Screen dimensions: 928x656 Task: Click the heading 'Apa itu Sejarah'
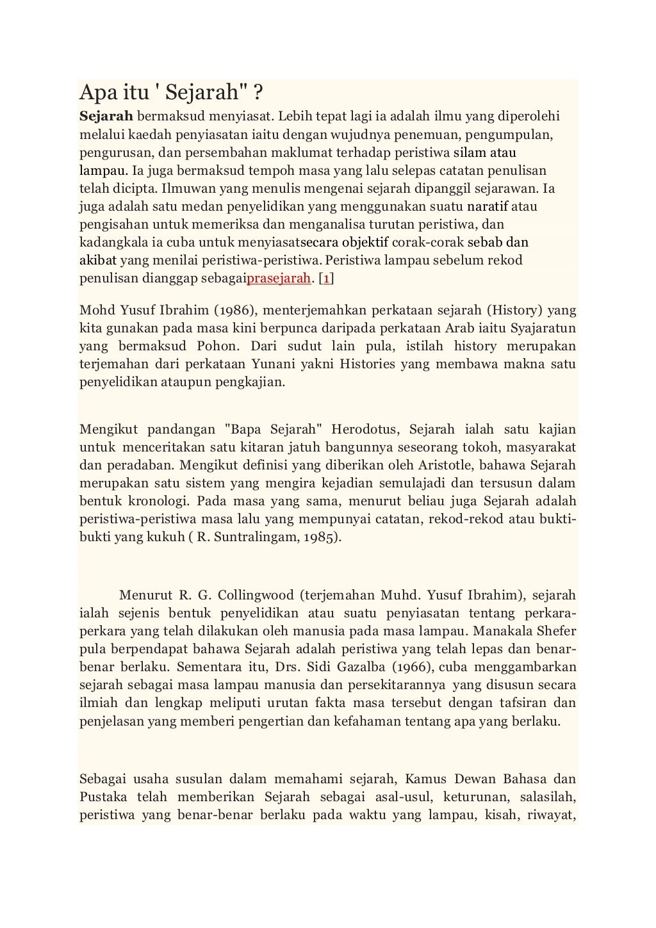click(170, 94)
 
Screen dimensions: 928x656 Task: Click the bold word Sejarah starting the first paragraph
click(106, 117)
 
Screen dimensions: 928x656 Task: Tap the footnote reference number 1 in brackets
click(326, 279)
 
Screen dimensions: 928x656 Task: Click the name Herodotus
click(365, 428)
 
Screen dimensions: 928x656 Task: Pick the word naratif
click(488, 207)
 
